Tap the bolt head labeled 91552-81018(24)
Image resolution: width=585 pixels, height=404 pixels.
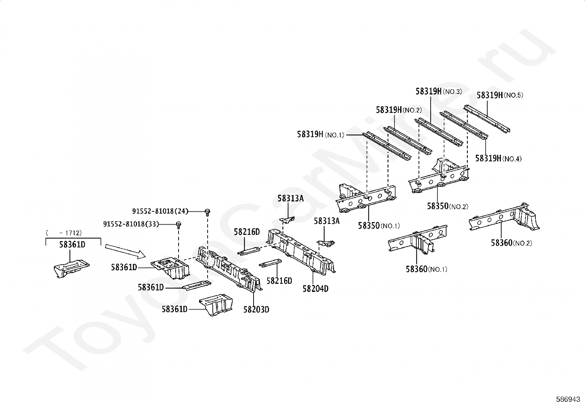[x=208, y=211]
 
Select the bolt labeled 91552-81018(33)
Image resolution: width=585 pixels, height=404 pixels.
[x=179, y=224]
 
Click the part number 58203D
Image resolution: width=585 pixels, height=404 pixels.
[x=256, y=310]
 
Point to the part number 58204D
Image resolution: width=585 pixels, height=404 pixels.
[x=315, y=289]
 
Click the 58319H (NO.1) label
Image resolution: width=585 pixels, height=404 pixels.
[x=320, y=135]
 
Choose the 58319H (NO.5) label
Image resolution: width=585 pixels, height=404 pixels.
[x=500, y=95]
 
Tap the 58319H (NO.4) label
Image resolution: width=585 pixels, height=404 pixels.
[x=498, y=158]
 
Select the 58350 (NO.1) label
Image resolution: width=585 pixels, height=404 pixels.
[x=378, y=226]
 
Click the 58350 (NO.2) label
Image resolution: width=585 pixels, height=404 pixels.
[x=447, y=206]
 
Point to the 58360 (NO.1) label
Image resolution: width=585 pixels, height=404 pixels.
[x=426, y=269]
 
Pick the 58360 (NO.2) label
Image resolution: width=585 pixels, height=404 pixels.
[x=511, y=243]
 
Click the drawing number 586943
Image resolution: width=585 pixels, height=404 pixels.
[x=568, y=399]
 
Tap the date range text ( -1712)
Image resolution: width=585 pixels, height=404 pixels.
[x=64, y=232]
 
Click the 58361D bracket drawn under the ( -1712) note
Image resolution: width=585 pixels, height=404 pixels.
[x=71, y=268]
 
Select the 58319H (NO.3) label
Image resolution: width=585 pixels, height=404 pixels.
[x=439, y=91]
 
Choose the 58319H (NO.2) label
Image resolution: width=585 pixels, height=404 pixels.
[x=399, y=110]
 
